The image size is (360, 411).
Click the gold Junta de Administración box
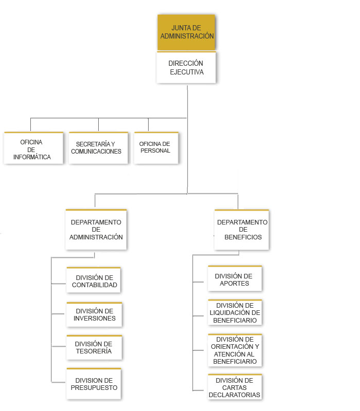pyautogui.click(x=186, y=32)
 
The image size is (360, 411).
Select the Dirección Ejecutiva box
pyautogui.click(x=186, y=68)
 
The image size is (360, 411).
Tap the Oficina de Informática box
pyautogui.click(x=33, y=148)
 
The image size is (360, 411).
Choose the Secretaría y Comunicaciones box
pyautogui.click(x=98, y=148)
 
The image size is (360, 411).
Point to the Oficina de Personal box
pyautogui.click(x=156, y=148)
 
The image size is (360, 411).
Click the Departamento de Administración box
pyautogui.click(x=96, y=230)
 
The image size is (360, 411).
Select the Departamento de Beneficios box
pyautogui.click(x=242, y=230)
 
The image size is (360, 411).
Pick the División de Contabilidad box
pyautogui.click(x=94, y=280)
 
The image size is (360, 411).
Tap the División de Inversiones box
pyautogui.click(x=94, y=315)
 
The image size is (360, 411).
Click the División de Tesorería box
pyautogui.click(x=94, y=348)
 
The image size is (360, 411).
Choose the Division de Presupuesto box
pyautogui.click(x=94, y=384)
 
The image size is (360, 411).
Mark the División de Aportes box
pyautogui.click(x=235, y=278)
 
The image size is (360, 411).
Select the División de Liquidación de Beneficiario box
pyautogui.click(x=235, y=313)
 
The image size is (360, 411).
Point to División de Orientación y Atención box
pyautogui.click(x=235, y=350)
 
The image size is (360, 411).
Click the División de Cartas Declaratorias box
pyautogui.click(x=235, y=387)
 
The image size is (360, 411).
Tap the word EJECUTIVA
pyautogui.click(x=187, y=72)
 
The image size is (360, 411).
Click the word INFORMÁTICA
pyautogui.click(x=32, y=157)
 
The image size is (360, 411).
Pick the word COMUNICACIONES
pyautogui.click(x=96, y=152)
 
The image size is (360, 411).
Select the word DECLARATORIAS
pyautogui.click(x=235, y=395)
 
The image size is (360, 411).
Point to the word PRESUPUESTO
pyautogui.click(x=94, y=388)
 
